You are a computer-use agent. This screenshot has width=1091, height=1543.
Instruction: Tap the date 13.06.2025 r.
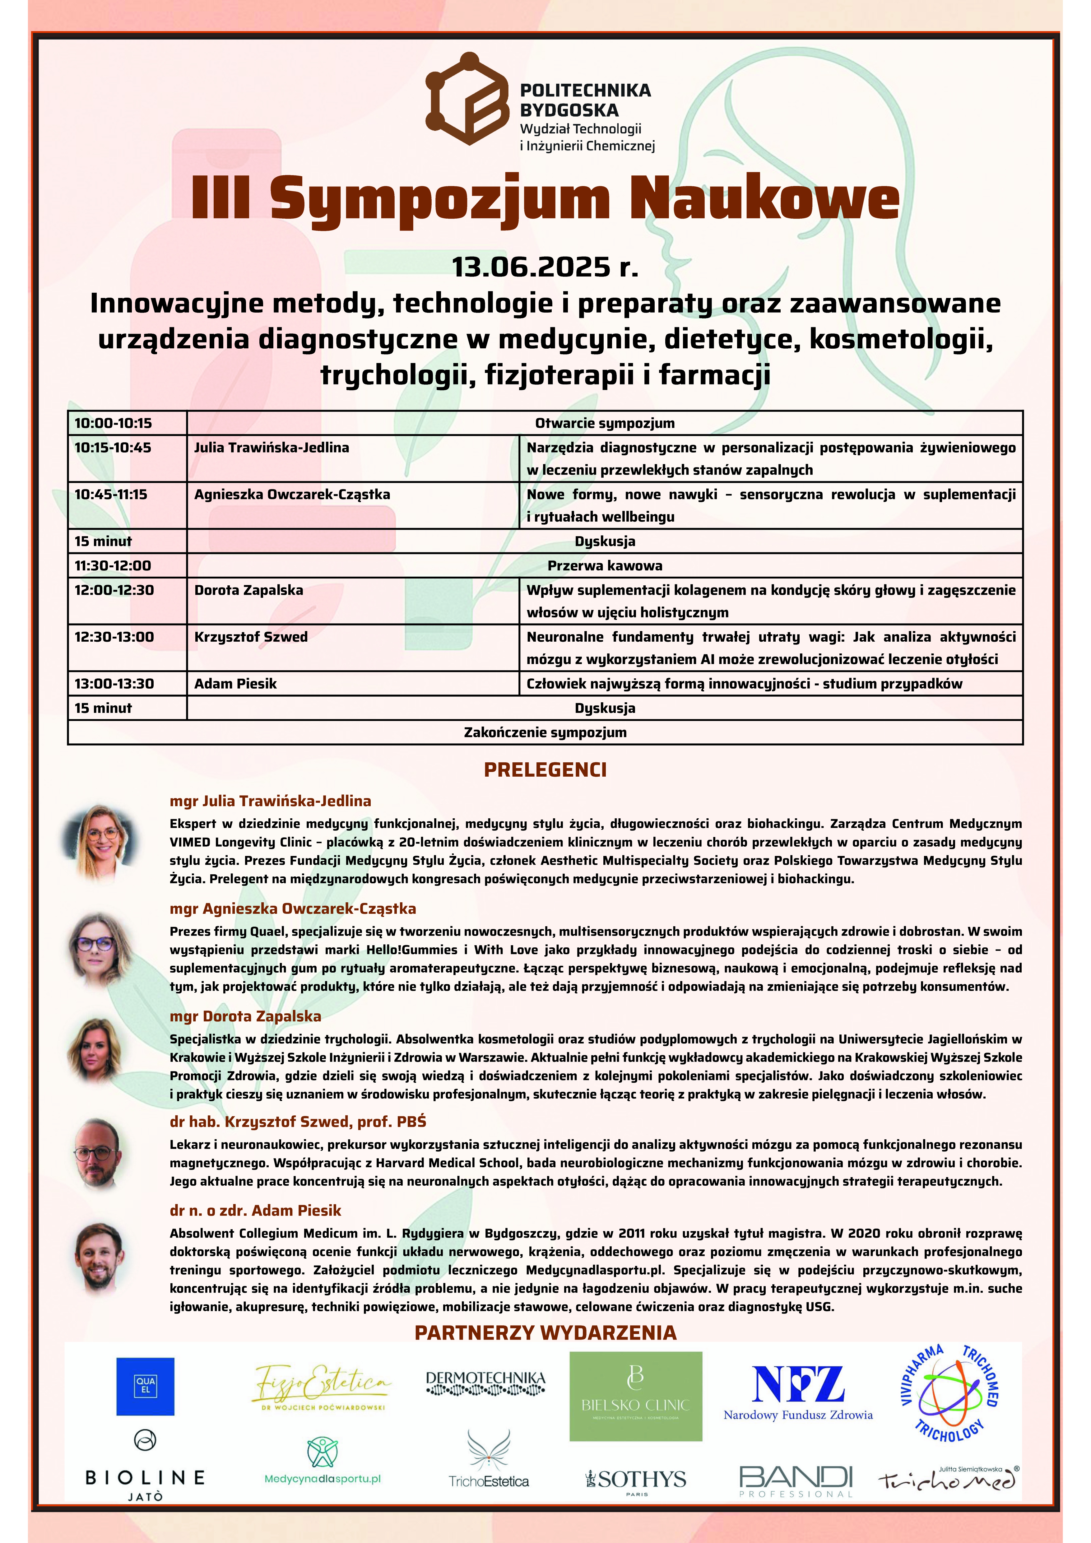544,267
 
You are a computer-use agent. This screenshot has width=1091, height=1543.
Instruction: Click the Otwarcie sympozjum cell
605,423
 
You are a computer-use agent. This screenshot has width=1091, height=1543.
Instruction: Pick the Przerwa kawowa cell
605,565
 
